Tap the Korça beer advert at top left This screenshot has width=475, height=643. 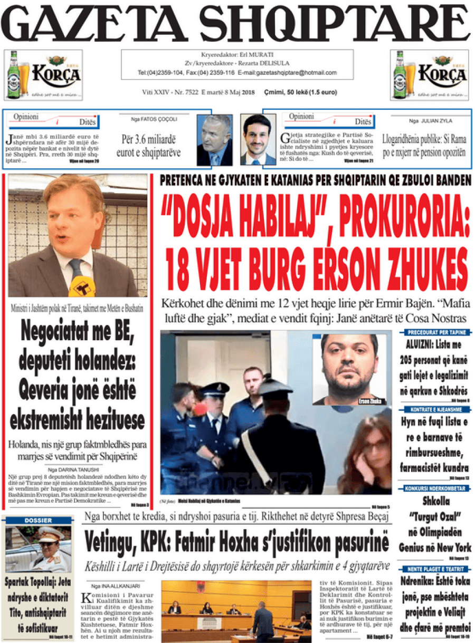click(44, 75)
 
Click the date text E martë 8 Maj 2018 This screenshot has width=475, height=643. click(228, 92)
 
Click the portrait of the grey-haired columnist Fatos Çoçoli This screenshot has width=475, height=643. click(214, 140)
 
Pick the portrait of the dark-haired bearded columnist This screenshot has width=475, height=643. click(258, 140)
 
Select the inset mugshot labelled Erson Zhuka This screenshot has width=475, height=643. click(349, 369)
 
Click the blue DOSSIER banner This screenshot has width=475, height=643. click(38, 521)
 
